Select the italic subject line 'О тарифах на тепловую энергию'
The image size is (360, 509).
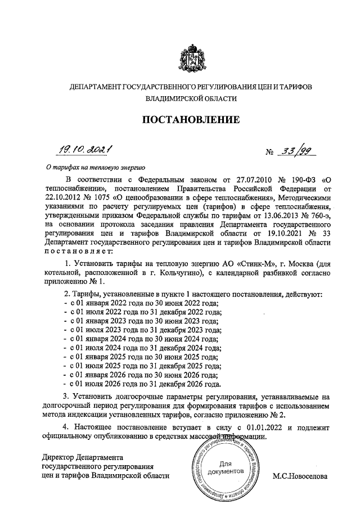point(96,167)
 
